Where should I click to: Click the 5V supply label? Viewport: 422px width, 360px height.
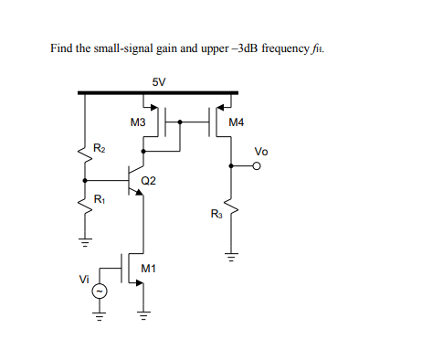pyautogui.click(x=159, y=81)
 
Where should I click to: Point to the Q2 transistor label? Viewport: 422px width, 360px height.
pyautogui.click(x=149, y=180)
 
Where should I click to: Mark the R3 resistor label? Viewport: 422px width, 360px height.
pyautogui.click(x=216, y=214)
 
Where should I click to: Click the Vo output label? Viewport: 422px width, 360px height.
pyautogui.click(x=261, y=151)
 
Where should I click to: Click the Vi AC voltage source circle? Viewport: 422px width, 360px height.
pyautogui.click(x=100, y=291)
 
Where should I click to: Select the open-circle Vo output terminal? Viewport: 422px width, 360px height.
pyautogui.click(x=258, y=166)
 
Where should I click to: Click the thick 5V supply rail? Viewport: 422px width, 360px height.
pyautogui.click(x=159, y=92)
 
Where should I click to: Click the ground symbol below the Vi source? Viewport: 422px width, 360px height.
pyautogui.click(x=100, y=319)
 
